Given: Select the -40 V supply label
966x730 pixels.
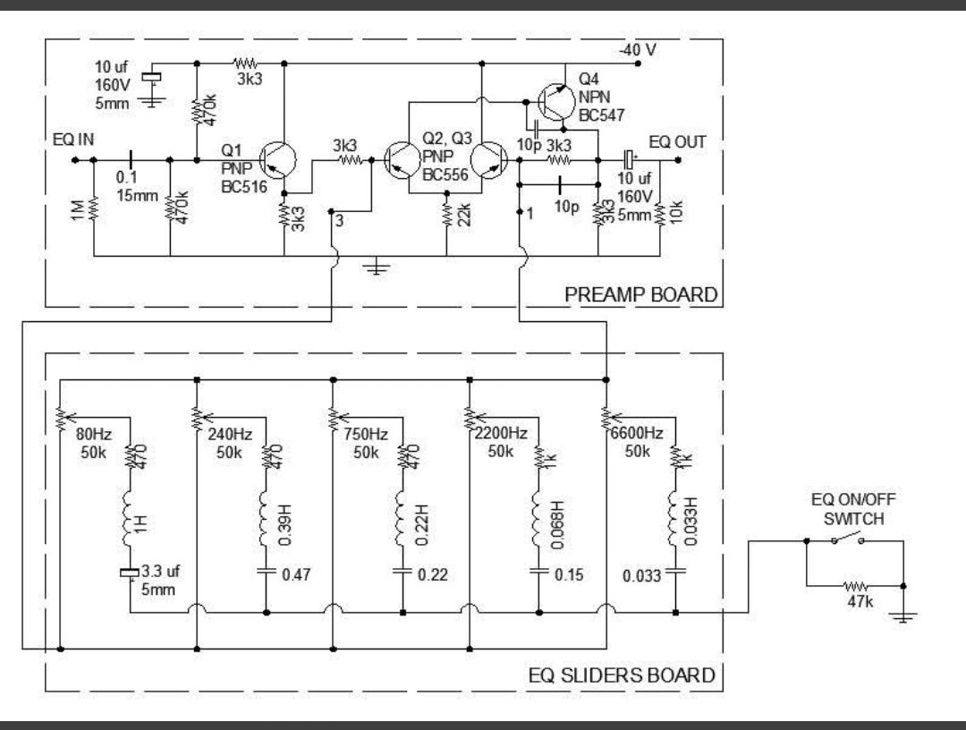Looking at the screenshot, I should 639,50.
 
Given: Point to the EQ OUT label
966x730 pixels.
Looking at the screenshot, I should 677,141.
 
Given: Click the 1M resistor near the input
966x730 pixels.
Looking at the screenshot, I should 93,211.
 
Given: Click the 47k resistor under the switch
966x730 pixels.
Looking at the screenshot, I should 856,586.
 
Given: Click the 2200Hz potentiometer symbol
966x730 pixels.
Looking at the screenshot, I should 469,417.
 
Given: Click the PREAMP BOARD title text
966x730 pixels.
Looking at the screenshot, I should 640,294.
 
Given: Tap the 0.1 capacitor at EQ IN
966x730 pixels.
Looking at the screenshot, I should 131,161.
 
